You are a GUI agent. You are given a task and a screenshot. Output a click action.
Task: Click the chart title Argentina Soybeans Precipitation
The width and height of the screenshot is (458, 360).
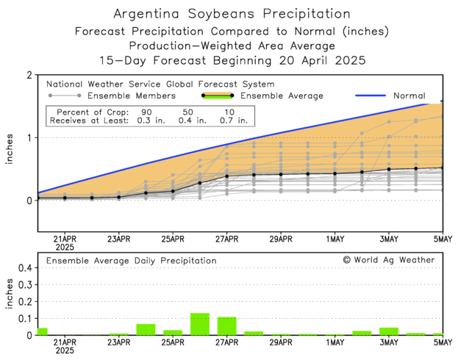pyautogui.click(x=229, y=14)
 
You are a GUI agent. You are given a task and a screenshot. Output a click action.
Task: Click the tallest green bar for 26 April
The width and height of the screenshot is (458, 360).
pyautogui.click(x=200, y=324)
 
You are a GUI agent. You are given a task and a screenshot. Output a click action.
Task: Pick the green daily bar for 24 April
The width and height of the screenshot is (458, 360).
pyautogui.click(x=146, y=329)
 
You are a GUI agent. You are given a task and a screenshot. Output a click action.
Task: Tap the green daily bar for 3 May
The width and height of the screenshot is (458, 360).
pyautogui.click(x=389, y=331)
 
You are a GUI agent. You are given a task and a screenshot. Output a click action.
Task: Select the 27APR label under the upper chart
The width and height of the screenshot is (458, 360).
pyautogui.click(x=226, y=240)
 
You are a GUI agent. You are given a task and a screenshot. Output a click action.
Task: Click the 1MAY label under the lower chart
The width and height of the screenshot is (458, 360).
pyautogui.click(x=334, y=342)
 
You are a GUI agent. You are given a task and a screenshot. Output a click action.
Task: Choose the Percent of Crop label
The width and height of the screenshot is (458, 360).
pyautogui.click(x=82, y=109)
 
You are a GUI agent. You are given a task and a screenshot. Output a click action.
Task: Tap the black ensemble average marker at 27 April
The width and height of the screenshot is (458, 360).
pyautogui.click(x=226, y=176)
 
